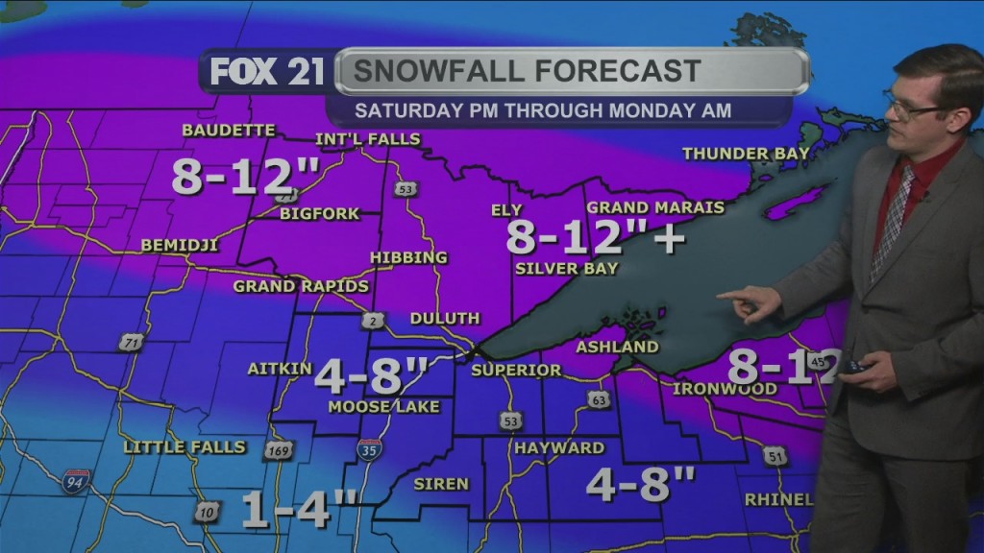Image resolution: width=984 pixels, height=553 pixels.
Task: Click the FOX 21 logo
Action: pyautogui.click(x=266, y=73)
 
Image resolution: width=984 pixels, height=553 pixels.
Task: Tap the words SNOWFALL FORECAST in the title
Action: pyautogui.click(x=526, y=71)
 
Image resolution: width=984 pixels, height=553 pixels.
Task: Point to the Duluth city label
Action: pyautogui.click(x=444, y=318)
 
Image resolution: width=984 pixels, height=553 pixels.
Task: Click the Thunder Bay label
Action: pyautogui.click(x=739, y=154)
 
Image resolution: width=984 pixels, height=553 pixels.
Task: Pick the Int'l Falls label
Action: pyautogui.click(x=368, y=139)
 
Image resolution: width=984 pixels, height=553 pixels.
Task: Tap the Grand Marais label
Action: pyautogui.click(x=642, y=207)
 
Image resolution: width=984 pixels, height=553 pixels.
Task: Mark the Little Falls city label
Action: pyautogui.click(x=184, y=446)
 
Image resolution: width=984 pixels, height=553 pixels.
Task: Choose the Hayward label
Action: pyautogui.click(x=559, y=447)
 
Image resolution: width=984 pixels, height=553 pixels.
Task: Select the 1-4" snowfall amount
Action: pyautogui.click(x=299, y=510)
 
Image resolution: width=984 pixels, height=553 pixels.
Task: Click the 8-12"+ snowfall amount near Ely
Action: pyautogui.click(x=595, y=236)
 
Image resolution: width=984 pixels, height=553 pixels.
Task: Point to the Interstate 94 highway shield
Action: pyautogui.click(x=77, y=482)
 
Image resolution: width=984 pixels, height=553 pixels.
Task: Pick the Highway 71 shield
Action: pyautogui.click(x=132, y=342)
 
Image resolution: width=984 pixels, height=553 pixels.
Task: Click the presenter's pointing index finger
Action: pyautogui.click(x=732, y=295)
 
